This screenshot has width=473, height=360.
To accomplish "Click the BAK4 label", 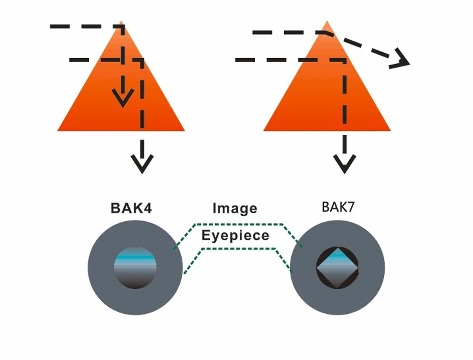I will pos(131,208).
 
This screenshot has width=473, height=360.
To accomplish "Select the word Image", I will pos(235,208).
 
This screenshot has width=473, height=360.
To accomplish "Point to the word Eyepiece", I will pos(235,235).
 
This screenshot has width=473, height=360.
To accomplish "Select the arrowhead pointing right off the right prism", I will pos(400,60).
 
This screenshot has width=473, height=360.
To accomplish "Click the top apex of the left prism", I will pos(121,21).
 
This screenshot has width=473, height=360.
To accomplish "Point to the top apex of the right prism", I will pos(327,21).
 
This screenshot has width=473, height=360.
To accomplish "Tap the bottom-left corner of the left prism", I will pos(58,130).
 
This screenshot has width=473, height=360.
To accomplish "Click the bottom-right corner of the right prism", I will pos(390,130).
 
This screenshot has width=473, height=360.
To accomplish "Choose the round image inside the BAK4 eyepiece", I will pos(135,268).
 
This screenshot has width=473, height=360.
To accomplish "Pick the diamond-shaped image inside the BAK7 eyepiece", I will pos(337,268).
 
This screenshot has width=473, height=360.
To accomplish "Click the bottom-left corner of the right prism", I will pos(264,130).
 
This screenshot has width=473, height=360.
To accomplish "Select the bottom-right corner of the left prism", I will pos(184,130).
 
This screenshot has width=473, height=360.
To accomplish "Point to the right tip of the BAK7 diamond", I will pos(358,268).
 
